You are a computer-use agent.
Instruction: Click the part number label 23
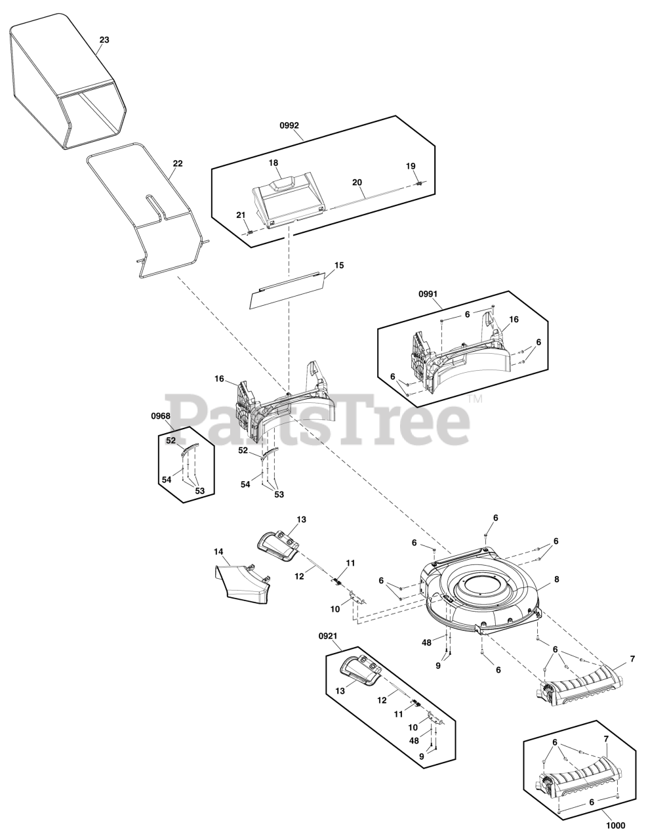tap(104, 40)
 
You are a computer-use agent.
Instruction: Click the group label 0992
tap(289, 125)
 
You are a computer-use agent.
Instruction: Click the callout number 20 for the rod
tap(357, 182)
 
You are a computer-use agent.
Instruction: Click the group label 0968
tap(160, 416)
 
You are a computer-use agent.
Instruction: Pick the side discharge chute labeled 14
tap(243, 581)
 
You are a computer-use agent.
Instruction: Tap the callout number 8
tap(556, 579)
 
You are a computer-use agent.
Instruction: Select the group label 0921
tap(328, 636)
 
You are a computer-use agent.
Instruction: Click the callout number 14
tap(218, 551)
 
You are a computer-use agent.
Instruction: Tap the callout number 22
tap(178, 163)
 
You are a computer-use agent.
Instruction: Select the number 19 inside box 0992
tap(411, 166)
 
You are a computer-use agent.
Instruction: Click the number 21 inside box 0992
tap(241, 215)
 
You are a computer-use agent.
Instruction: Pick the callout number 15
tap(338, 265)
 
